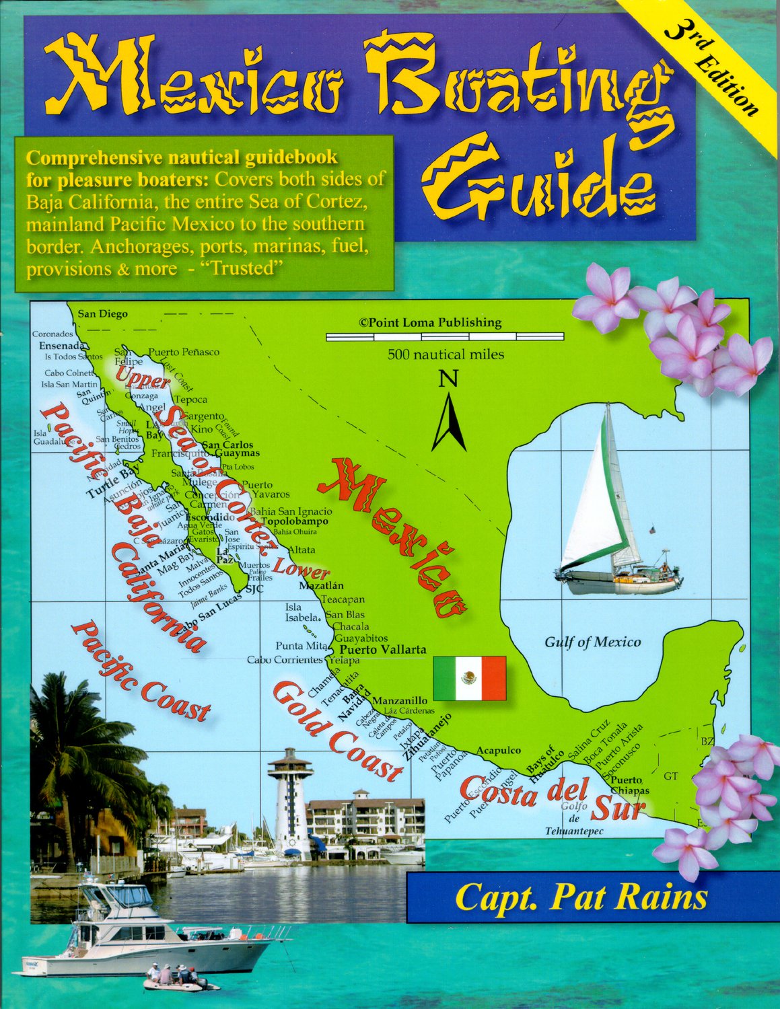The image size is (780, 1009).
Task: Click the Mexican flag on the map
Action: click(x=469, y=677)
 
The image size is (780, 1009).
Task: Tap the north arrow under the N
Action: click(x=449, y=423)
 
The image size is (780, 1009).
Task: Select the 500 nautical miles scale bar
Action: click(x=445, y=336)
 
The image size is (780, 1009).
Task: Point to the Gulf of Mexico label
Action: click(x=592, y=642)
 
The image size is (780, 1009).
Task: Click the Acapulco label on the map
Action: click(x=499, y=750)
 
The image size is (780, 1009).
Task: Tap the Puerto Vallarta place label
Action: click(x=383, y=650)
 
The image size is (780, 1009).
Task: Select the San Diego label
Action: click(x=102, y=313)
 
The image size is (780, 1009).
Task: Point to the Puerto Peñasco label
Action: click(x=184, y=352)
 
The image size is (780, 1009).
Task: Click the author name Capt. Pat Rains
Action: click(x=581, y=898)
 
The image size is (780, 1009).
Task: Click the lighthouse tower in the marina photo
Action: click(x=291, y=800)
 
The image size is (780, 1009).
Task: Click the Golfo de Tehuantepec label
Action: click(x=574, y=819)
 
